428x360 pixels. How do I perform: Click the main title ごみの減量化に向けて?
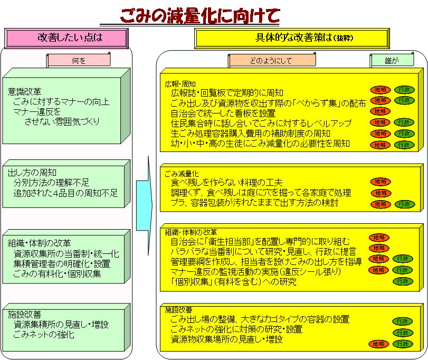[200, 15]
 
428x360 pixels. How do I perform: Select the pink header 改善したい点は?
[66, 37]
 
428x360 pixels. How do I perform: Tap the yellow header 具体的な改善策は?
[292, 38]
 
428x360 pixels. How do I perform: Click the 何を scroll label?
[79, 60]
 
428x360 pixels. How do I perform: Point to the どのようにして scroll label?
[272, 60]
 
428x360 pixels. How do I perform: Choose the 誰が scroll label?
[392, 60]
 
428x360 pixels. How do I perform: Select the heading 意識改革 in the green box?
[25, 91]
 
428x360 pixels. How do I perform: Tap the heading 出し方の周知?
[32, 173]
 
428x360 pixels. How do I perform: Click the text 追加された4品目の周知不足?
[65, 193]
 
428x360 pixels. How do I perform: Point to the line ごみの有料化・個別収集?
[58, 273]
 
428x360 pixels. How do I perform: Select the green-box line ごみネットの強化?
[44, 334]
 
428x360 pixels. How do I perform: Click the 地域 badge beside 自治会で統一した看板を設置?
[380, 111]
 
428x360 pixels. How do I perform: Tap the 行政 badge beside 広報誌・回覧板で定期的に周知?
[404, 90]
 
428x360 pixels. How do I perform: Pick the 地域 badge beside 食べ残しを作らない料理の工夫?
[381, 182]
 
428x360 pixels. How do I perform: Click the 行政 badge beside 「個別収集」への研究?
[403, 281]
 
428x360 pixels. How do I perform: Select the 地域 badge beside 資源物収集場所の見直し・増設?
[378, 344]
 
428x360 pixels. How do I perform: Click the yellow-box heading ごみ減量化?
[182, 174]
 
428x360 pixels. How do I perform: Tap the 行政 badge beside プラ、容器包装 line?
[405, 204]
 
